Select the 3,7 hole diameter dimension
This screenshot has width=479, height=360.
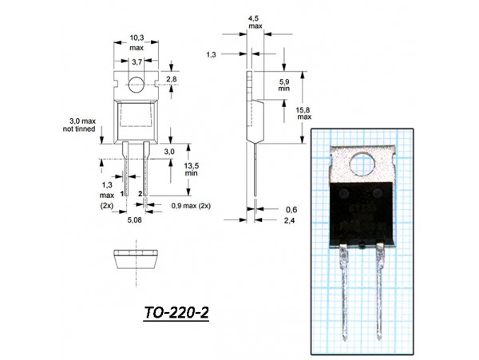click(137, 61)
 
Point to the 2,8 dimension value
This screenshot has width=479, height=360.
click(172, 79)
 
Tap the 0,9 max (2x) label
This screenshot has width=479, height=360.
click(191, 205)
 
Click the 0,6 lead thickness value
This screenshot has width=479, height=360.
click(291, 209)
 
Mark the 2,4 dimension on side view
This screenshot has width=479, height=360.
click(291, 220)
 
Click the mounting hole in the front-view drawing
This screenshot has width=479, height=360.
click(137, 81)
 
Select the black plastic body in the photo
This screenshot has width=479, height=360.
click(363, 210)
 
